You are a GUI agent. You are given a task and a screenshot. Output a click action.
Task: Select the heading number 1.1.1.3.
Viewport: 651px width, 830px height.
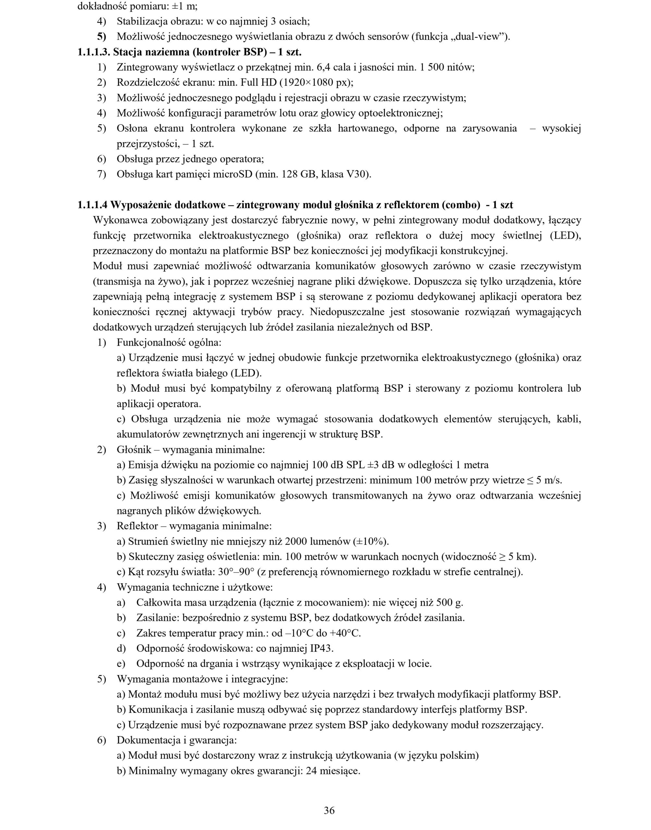[94, 52]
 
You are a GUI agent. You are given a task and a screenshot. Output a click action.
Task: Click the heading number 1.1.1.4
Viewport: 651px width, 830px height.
[92, 205]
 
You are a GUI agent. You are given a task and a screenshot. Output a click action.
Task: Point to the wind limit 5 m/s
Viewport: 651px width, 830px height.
[549, 480]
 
